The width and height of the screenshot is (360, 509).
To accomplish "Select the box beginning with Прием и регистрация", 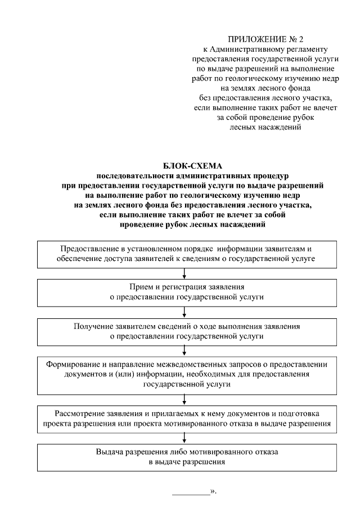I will (x=186, y=291).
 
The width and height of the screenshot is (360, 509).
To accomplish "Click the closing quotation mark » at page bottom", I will (x=213, y=492).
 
